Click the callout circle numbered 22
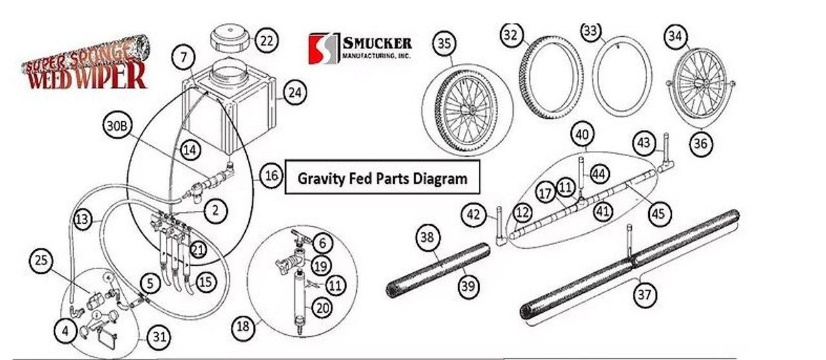pyautogui.click(x=266, y=41)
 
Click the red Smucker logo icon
pyautogui.click(x=324, y=48)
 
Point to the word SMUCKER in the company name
pyautogui.click(x=377, y=44)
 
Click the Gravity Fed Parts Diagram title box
pyautogui.click(x=382, y=177)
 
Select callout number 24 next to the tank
pyautogui.click(x=294, y=93)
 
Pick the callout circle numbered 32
pyautogui.click(x=511, y=36)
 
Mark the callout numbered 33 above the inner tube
pyautogui.click(x=590, y=30)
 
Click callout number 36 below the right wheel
pyautogui.click(x=700, y=144)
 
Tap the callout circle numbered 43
pyautogui.click(x=643, y=143)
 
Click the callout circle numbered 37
pyautogui.click(x=643, y=295)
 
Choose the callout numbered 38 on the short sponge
pyautogui.click(x=427, y=237)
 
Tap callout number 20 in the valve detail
pyautogui.click(x=323, y=308)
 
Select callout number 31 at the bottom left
pyautogui.click(x=159, y=336)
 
